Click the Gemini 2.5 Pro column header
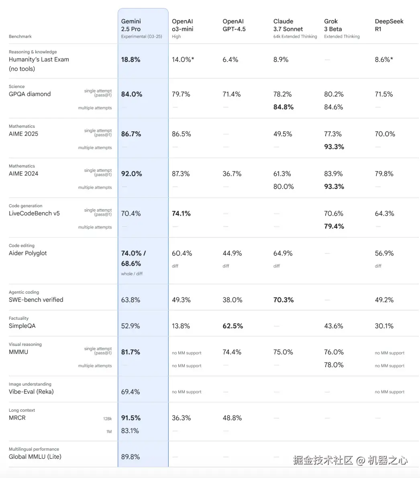[131, 25]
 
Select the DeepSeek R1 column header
[389, 25]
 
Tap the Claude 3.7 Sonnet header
[288, 25]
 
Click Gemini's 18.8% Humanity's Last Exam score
[130, 59]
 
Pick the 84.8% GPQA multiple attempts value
[283, 107]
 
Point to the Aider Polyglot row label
[28, 253]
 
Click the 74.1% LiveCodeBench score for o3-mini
[181, 213]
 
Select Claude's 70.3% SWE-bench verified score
[283, 300]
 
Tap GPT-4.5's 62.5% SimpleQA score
[232, 326]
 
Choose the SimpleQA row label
[22, 326]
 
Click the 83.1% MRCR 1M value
[130, 431]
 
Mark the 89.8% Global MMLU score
[130, 457]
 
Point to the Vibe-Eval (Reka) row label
[31, 392]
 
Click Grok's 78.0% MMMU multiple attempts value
[334, 365]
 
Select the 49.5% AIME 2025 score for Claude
[283, 134]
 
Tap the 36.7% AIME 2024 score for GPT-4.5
[232, 174]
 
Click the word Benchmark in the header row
[20, 37]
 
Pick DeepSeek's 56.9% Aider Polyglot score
[384, 253]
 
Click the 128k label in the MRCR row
[107, 419]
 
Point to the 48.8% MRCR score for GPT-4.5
[232, 418]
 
